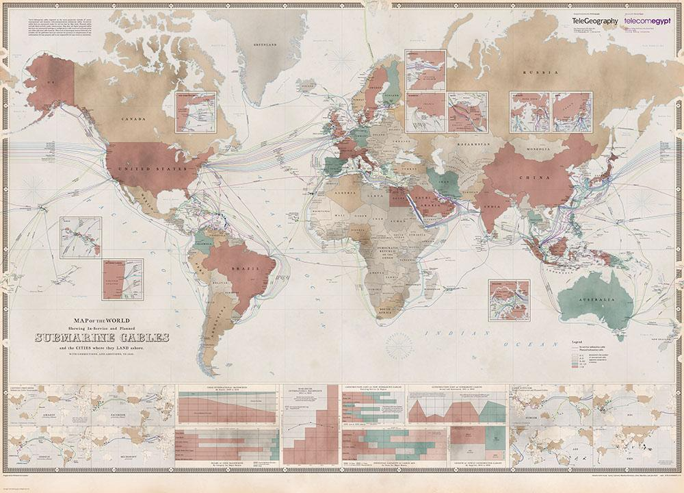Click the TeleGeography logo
tap(594, 21)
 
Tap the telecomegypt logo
tap(647, 21)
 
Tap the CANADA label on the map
tap(133, 119)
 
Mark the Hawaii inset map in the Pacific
tap(80, 237)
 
